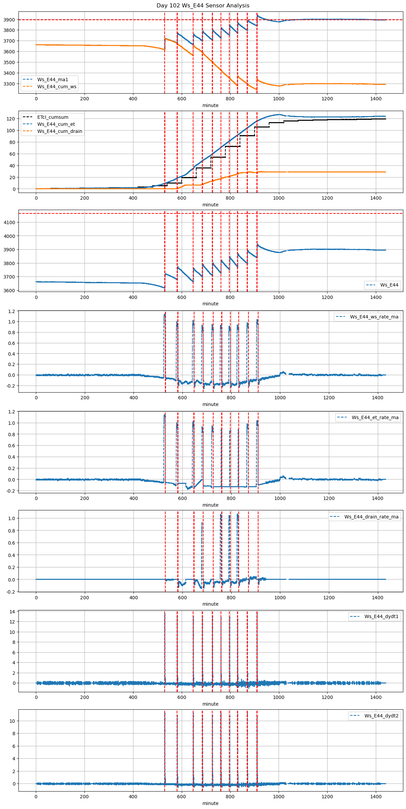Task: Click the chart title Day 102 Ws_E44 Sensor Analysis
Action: click(203, 5)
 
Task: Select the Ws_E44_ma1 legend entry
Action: click(53, 80)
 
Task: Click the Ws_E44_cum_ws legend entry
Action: click(57, 87)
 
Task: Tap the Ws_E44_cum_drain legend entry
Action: click(60, 131)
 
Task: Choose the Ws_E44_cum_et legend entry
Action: click(56, 124)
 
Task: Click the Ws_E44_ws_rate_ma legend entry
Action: click(374, 317)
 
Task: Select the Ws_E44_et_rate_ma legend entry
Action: click(375, 417)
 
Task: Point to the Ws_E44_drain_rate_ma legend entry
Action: click(371, 517)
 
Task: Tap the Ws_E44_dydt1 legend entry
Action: click(382, 616)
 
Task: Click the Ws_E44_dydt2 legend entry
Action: click(382, 716)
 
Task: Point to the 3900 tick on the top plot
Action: click(9, 20)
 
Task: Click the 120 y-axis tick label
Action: click(11, 119)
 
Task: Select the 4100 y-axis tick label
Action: click(9, 222)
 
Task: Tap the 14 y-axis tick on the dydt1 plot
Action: click(12, 612)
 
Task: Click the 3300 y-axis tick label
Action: click(9, 84)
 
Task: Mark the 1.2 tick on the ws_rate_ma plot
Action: click(12, 311)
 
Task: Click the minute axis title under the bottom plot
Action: click(210, 803)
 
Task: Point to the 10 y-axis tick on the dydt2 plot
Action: click(12, 721)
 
